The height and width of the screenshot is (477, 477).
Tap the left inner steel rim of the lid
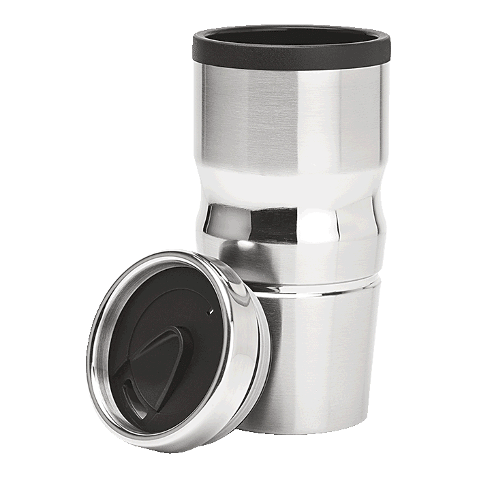tap(102, 354)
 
